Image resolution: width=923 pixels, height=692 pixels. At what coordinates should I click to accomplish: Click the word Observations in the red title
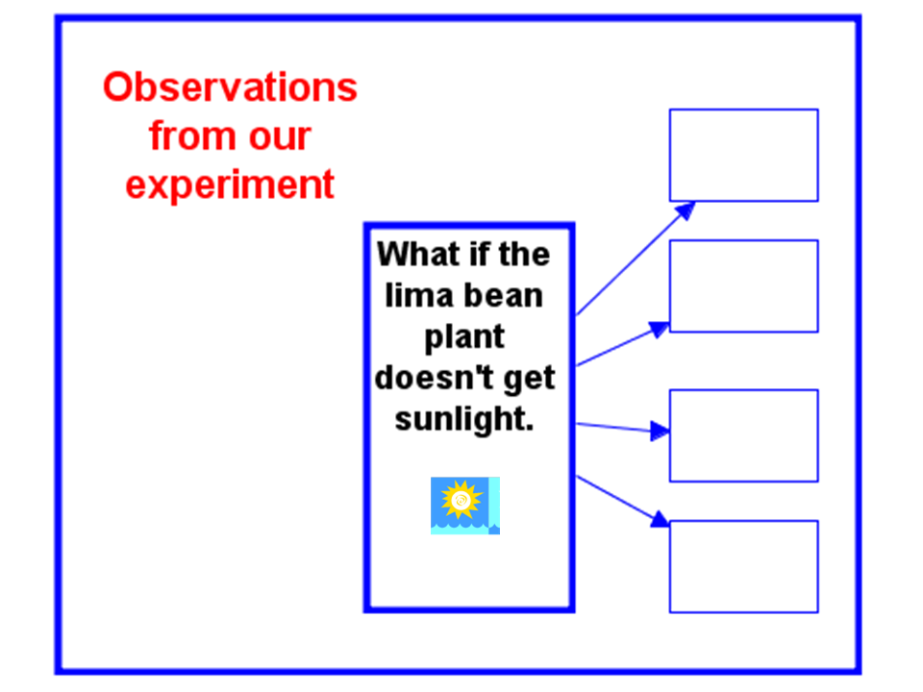pos(230,87)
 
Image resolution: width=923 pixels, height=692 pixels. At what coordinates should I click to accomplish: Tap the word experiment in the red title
pos(230,185)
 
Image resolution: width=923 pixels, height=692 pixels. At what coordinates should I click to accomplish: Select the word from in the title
pos(191,136)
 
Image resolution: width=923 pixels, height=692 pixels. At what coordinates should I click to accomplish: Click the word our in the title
pos(280,138)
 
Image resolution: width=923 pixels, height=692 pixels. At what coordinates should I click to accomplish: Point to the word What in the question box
pos(418,254)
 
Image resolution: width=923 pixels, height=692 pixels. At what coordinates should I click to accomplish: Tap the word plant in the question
pos(464,337)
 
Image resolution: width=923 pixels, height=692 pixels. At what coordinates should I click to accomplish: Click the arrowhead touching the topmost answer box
pos(686,210)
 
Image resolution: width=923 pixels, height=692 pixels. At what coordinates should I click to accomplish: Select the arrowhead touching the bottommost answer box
pos(661,519)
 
